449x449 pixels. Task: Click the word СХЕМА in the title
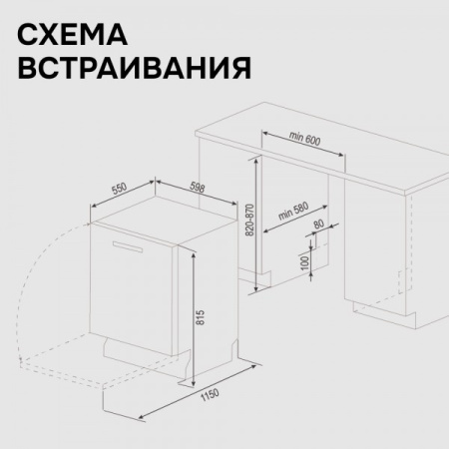coord(73,37)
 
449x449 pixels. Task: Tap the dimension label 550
coord(118,187)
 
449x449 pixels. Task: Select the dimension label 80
coord(318,225)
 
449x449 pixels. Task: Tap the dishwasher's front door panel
coord(135,299)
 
